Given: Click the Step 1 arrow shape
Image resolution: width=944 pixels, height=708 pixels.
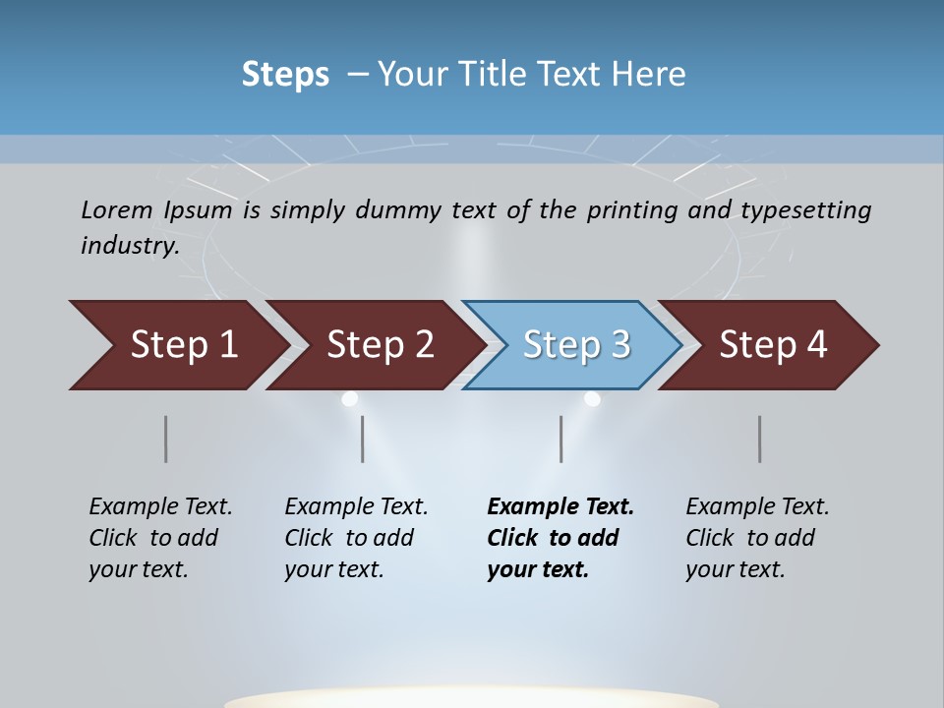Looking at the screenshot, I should [x=177, y=345].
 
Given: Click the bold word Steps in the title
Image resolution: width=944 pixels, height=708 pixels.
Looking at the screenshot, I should [x=285, y=75].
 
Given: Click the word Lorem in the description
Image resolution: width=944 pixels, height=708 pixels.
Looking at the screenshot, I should [x=116, y=209].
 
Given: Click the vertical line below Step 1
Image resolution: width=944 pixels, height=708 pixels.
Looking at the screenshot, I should [x=166, y=439].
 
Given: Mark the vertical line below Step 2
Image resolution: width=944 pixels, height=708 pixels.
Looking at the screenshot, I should [x=363, y=439].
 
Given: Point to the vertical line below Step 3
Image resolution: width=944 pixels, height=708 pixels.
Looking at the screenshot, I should [x=561, y=439].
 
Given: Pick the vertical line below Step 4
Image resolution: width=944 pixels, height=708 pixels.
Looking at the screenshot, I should [x=760, y=439].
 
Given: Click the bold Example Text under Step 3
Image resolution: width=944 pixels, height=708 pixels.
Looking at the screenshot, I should [x=560, y=507].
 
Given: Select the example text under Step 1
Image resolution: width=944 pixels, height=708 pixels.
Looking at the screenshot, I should [x=160, y=538].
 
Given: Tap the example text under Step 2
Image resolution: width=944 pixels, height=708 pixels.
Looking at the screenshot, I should [x=356, y=538].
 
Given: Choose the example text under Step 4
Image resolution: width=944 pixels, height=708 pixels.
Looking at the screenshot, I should [x=757, y=538].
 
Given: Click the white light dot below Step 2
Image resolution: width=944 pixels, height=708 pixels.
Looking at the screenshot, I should [x=349, y=399].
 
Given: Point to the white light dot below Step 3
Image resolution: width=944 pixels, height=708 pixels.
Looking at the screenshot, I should [x=592, y=398].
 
